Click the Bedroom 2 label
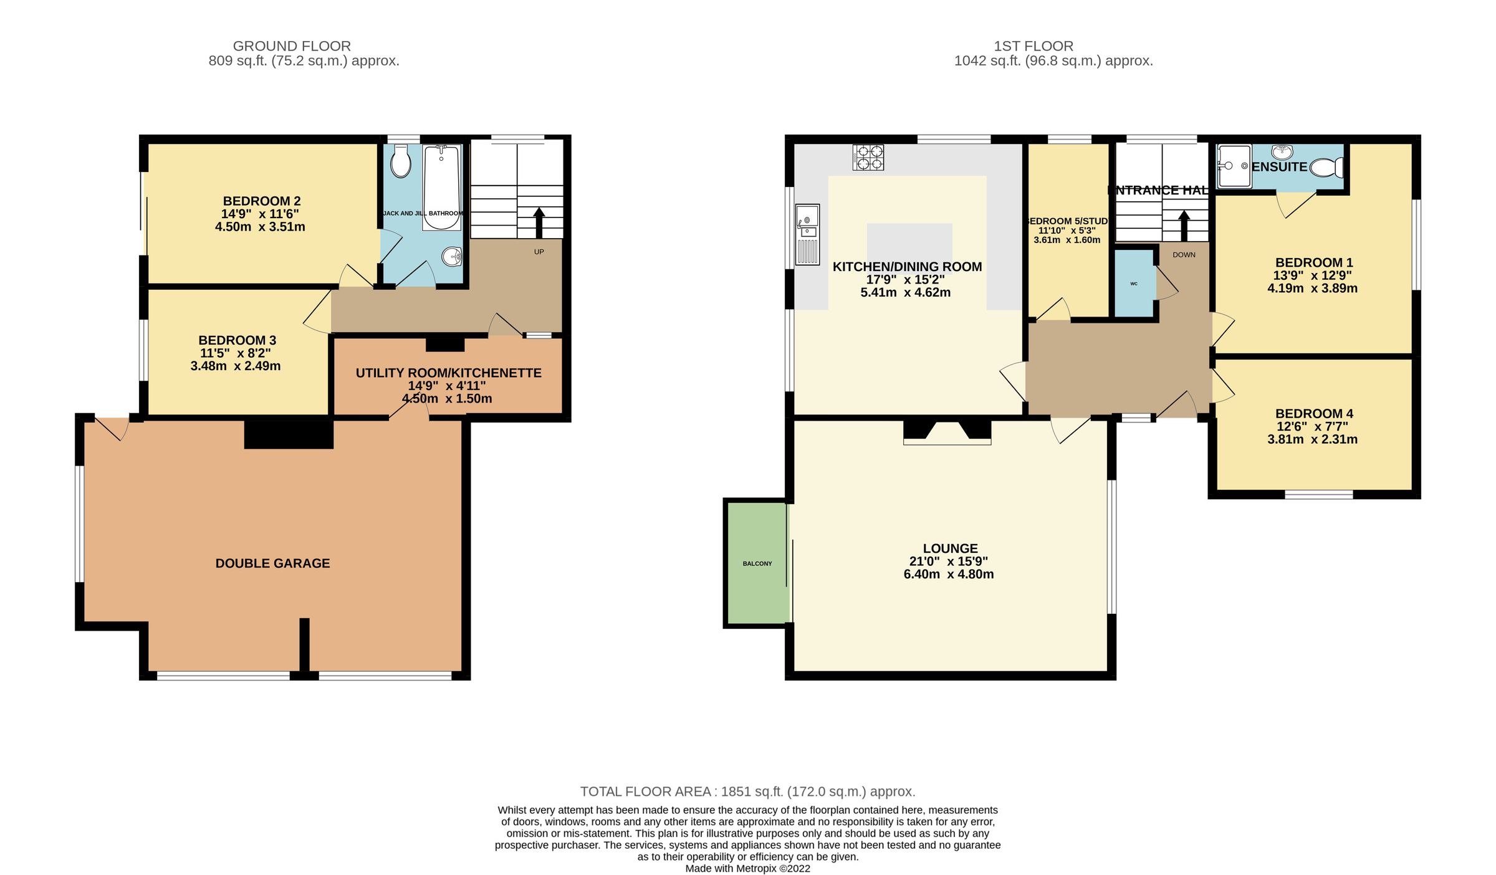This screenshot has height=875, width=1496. [261, 201]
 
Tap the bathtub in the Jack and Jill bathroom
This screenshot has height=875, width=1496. [441, 187]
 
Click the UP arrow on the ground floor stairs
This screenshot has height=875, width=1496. [539, 222]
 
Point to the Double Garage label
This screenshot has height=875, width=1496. [272, 563]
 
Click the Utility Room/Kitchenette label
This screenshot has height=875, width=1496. [448, 373]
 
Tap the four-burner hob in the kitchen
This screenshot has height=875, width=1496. [868, 157]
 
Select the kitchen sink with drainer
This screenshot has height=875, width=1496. [807, 234]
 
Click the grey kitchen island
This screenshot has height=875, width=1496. [909, 243]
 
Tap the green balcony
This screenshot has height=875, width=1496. [757, 563]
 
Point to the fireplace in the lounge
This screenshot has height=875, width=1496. [947, 432]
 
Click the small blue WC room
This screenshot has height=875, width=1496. [1134, 284]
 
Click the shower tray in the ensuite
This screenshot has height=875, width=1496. [1233, 166]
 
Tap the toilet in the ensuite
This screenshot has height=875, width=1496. [1326, 167]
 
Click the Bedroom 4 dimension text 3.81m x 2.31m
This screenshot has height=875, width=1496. [1312, 439]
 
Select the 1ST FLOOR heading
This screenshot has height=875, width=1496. [1033, 46]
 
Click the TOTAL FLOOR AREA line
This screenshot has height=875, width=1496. [747, 791]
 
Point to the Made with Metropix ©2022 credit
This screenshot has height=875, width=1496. [747, 868]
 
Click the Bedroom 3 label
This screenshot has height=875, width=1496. [237, 340]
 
